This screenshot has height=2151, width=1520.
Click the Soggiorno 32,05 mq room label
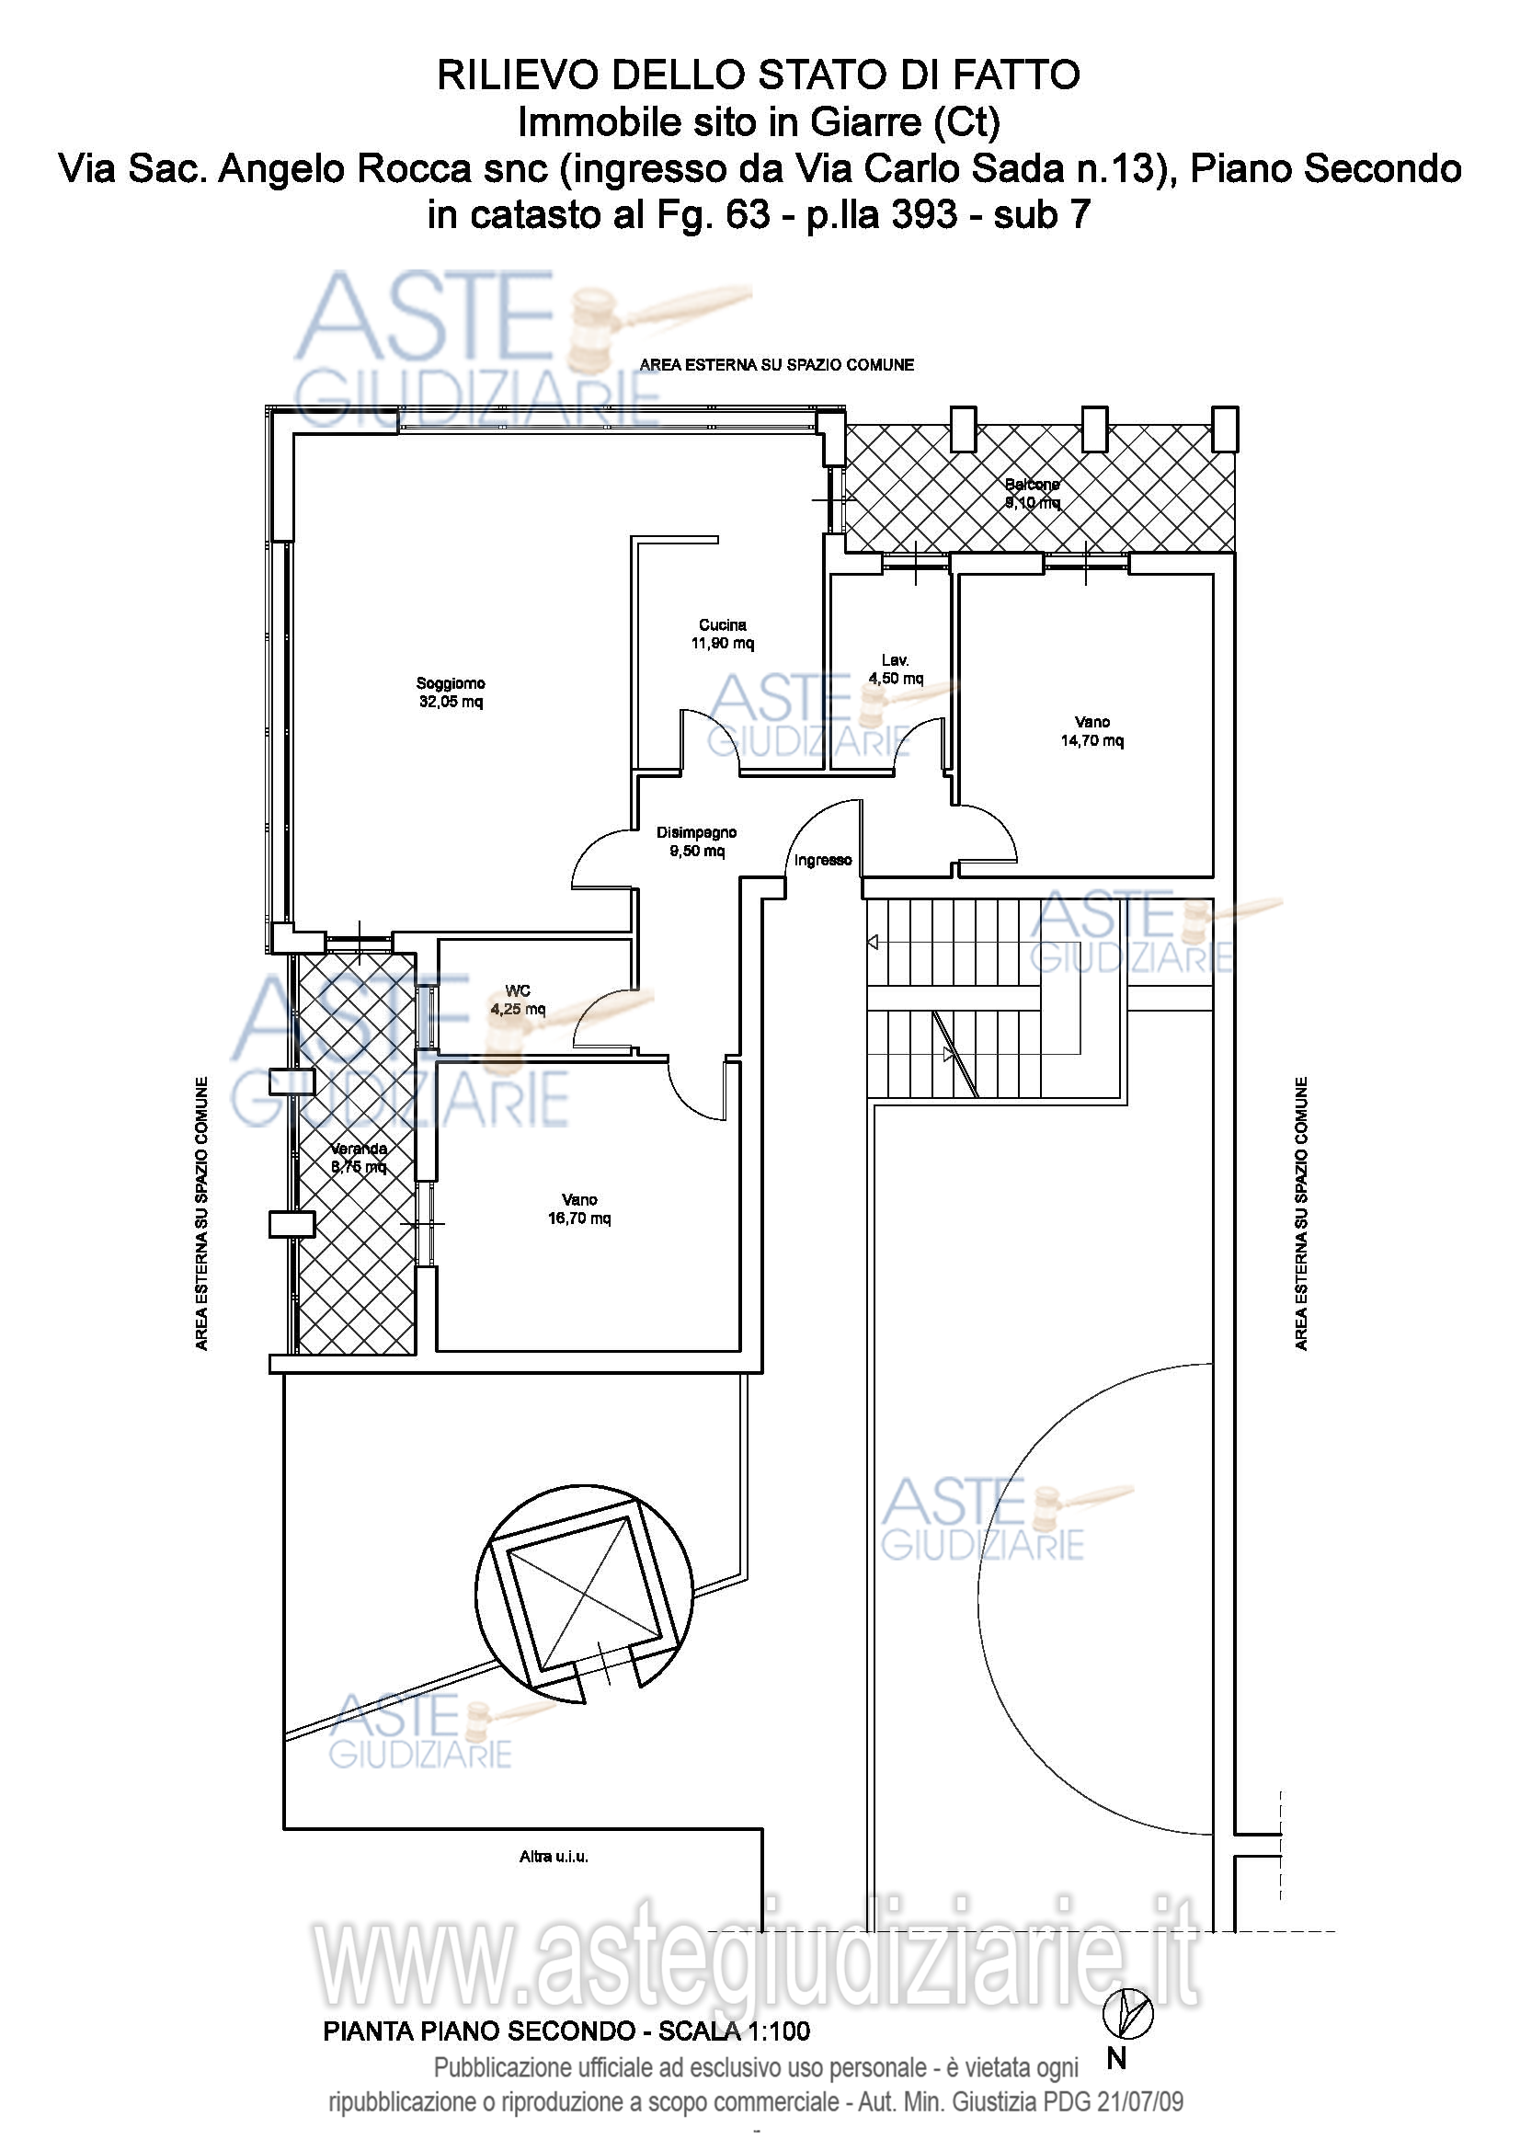(x=451, y=692)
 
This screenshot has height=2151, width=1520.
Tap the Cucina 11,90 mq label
(x=722, y=635)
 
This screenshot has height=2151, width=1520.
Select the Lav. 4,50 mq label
(x=896, y=669)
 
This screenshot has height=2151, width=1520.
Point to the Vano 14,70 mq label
(x=1092, y=732)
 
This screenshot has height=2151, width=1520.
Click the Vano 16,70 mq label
(x=578, y=1209)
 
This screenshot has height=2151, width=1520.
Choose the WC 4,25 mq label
(x=518, y=1001)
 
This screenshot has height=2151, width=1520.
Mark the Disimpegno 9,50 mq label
(x=697, y=841)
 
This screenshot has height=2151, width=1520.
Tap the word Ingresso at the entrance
(x=823, y=860)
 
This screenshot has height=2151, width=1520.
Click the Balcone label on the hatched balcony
(x=1032, y=485)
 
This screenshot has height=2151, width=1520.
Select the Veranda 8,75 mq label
(x=359, y=1158)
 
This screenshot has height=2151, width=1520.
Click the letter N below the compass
(x=1116, y=2059)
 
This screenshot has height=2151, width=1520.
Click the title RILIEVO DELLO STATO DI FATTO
(x=759, y=74)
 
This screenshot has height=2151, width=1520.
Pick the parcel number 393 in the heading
(x=924, y=214)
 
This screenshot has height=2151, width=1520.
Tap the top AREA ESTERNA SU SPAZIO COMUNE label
(x=776, y=365)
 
